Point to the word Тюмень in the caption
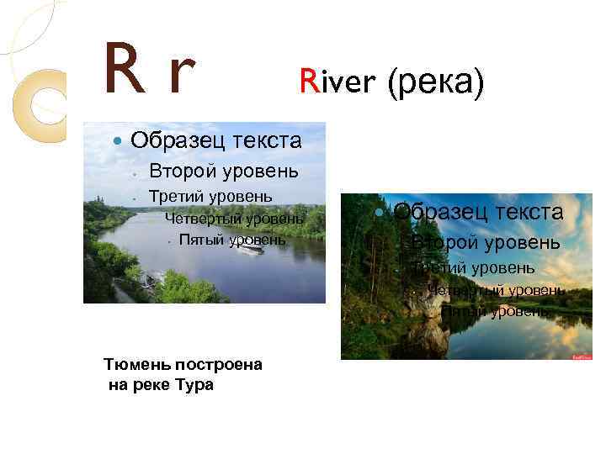pyautogui.click(x=139, y=365)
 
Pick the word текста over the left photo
pyautogui.click(x=260, y=138)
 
